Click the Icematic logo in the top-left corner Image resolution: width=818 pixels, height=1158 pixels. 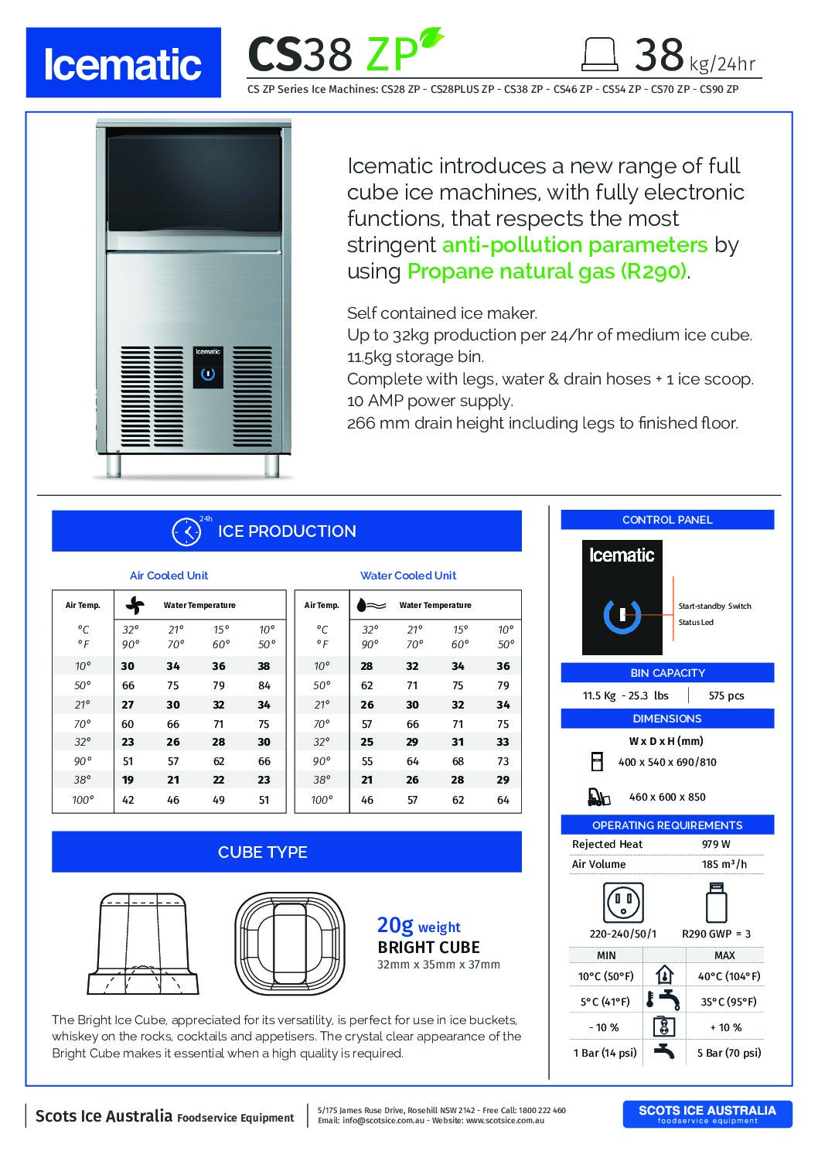tap(124, 63)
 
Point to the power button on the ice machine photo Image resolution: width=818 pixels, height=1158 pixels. tap(207, 374)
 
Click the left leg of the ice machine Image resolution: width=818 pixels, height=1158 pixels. tap(114, 464)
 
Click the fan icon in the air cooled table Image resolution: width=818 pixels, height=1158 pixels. tap(135, 605)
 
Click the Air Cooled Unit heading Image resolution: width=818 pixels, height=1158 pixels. tap(169, 576)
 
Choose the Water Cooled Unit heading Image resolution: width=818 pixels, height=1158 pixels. tap(408, 576)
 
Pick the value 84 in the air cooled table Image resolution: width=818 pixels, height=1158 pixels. tap(264, 685)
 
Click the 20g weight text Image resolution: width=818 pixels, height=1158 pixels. tap(418, 925)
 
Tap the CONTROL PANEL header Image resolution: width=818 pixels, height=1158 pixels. tap(667, 520)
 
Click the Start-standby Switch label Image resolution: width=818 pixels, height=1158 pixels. tap(714, 606)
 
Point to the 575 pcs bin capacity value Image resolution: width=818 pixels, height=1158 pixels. tap(726, 695)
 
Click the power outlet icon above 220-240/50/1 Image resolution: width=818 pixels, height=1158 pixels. tap(622, 902)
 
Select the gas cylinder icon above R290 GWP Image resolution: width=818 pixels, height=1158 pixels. tap(716, 902)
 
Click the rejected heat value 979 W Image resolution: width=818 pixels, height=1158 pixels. tap(716, 844)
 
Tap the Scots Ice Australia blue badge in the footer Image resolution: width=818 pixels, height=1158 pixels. tap(707, 1113)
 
